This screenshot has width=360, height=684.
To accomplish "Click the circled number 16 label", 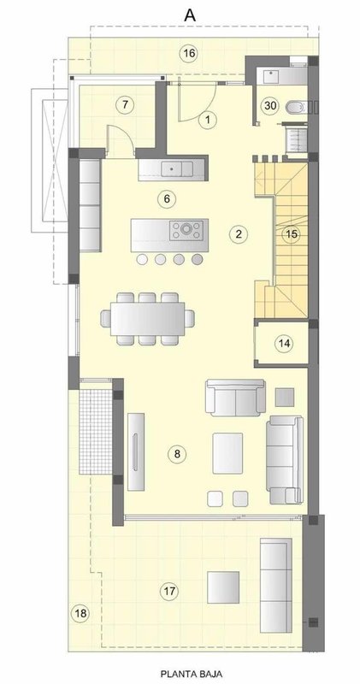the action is [189, 54].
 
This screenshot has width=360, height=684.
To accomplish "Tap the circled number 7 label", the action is [125, 104].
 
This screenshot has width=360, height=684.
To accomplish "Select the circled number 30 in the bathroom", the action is [270, 105].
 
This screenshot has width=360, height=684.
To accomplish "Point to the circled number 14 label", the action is [284, 344].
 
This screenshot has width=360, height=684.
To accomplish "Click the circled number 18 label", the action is [80, 614].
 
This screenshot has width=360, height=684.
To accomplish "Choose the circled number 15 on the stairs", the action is [292, 234].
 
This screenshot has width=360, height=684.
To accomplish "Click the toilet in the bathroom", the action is [297, 106].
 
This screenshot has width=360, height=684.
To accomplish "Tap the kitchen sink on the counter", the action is [177, 168].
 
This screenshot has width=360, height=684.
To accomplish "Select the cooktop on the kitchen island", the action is [186, 230].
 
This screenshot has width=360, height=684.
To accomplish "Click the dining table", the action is [147, 318].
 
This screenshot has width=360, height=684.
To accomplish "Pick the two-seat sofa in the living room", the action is [236, 397].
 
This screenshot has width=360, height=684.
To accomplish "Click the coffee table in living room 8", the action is [227, 453].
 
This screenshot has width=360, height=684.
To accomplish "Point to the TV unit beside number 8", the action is [136, 451].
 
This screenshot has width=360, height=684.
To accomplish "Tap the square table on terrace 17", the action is [223, 587].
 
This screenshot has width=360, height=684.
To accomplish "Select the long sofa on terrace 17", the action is [276, 585].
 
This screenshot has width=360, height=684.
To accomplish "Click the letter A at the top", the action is [190, 15].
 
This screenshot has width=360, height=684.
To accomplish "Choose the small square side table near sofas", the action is [285, 397].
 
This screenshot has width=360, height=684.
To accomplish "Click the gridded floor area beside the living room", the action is [96, 432].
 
